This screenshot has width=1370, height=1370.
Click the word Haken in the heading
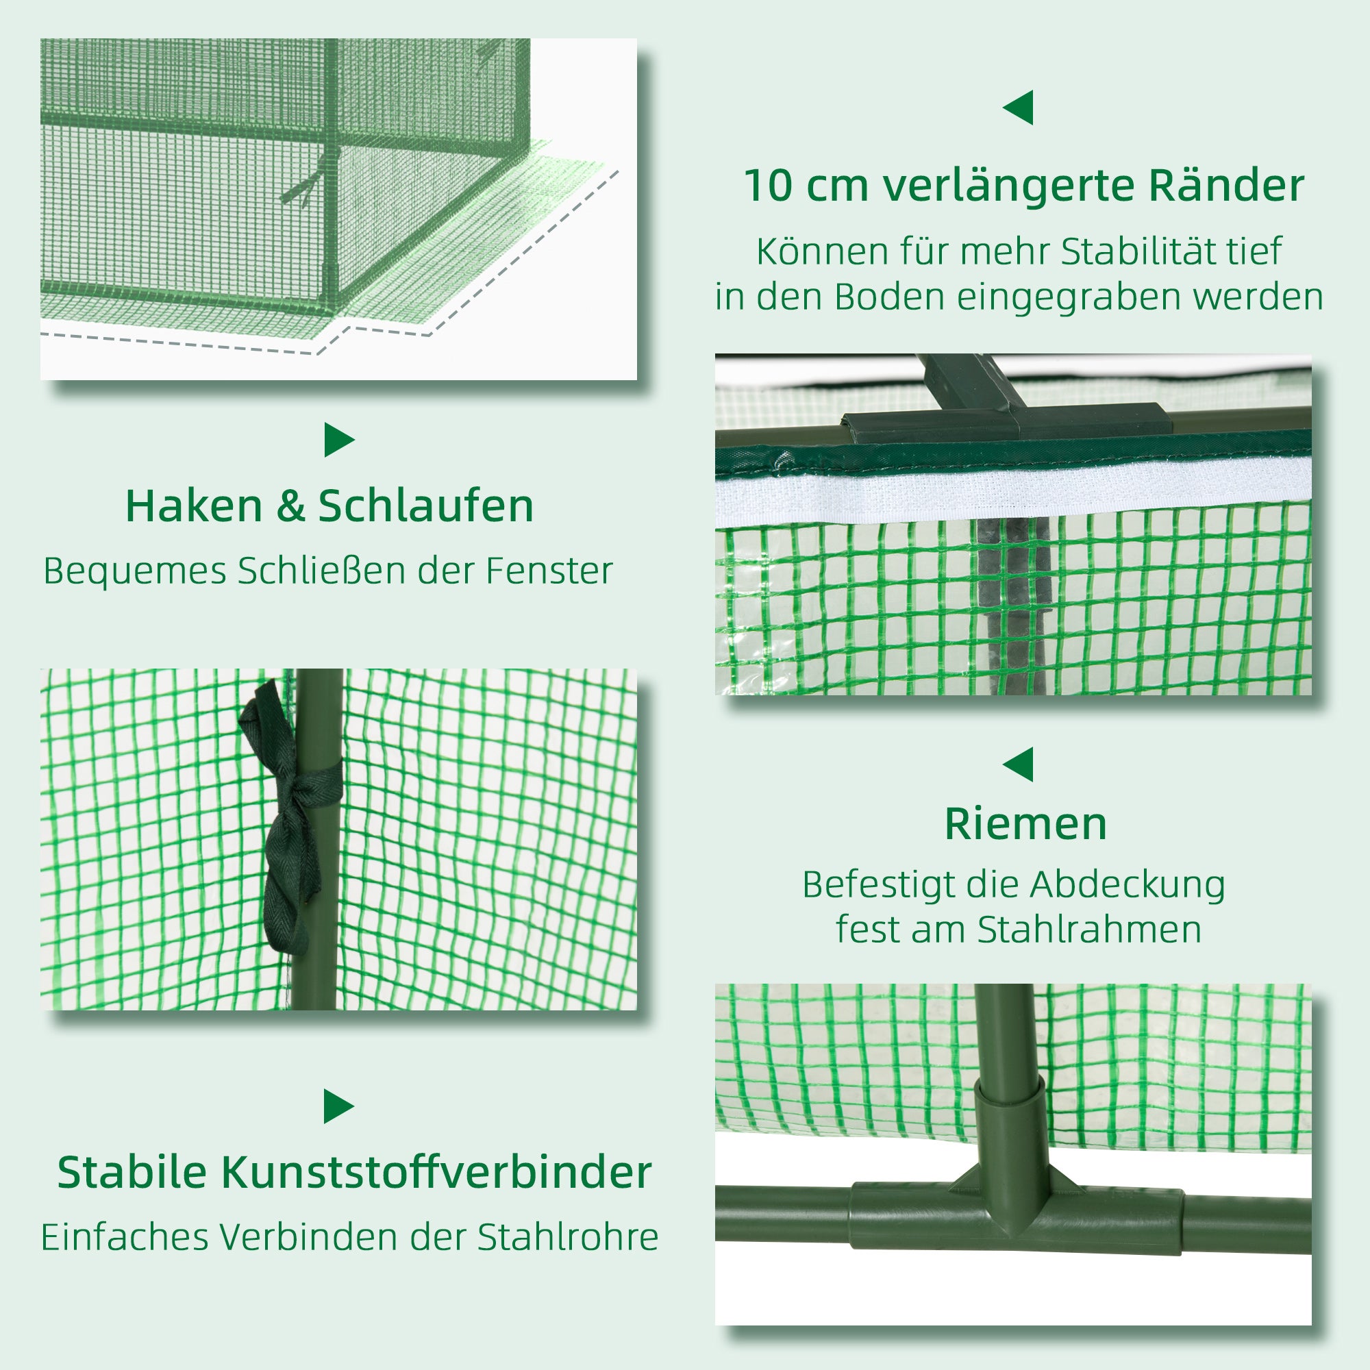(194, 506)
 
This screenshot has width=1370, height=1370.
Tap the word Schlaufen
(425, 506)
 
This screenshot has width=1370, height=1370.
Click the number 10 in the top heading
(767, 186)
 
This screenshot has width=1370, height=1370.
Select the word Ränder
(1226, 186)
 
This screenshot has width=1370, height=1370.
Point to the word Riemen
(1025, 824)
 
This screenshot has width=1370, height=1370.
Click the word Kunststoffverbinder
(436, 1172)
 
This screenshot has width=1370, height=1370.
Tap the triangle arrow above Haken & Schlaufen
(338, 440)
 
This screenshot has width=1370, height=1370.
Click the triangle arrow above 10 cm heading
(1019, 108)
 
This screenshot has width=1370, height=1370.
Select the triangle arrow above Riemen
(1019, 764)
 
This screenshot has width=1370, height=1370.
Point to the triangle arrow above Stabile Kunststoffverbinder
(338, 1106)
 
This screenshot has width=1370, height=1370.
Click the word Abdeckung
(1127, 885)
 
